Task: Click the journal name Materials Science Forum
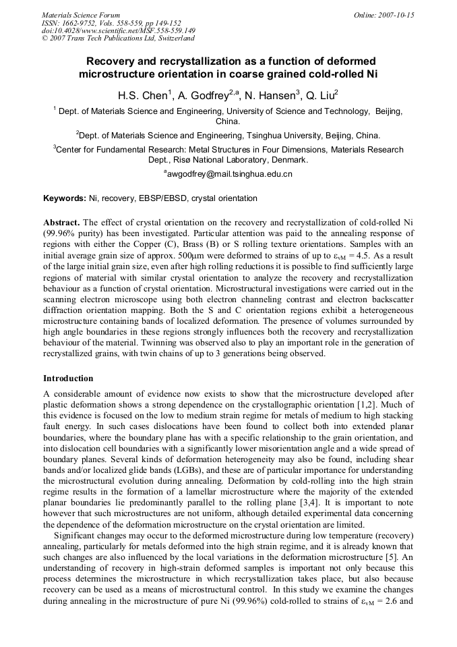[x=81, y=14]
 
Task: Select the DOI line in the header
[x=118, y=30]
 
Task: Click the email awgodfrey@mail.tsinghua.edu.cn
[x=228, y=174]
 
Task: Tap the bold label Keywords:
[x=65, y=198]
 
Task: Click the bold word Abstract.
[x=61, y=222]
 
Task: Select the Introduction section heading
[x=68, y=378]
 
